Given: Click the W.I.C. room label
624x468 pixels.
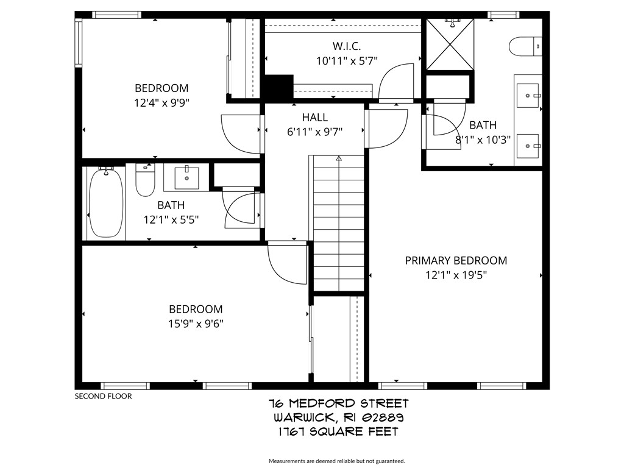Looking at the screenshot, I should click(347, 46).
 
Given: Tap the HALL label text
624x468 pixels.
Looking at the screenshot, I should click(314, 118).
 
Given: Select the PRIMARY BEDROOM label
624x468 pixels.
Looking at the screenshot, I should click(456, 261).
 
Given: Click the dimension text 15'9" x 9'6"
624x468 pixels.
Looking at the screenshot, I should click(196, 324).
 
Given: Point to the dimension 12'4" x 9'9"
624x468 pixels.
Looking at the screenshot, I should click(161, 102).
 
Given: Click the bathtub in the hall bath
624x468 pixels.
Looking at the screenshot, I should click(106, 203).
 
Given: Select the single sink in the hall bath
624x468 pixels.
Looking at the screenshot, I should click(186, 177).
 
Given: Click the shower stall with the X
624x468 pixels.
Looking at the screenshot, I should click(450, 44).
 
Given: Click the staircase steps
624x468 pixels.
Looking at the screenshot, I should click(338, 225).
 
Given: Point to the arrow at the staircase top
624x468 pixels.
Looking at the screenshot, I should click(339, 159).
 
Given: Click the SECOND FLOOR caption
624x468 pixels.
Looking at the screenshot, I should click(103, 396).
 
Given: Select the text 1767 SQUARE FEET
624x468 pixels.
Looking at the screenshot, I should click(338, 432).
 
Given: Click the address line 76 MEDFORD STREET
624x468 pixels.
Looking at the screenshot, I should click(338, 403).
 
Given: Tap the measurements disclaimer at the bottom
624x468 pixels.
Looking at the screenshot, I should click(337, 461).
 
